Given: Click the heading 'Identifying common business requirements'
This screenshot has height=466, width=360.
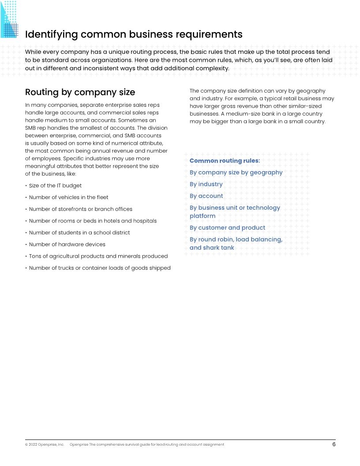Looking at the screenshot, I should point(134,34).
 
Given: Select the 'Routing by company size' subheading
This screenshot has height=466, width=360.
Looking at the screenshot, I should point(80,92).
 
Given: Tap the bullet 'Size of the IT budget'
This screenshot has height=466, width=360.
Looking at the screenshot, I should point(55,185).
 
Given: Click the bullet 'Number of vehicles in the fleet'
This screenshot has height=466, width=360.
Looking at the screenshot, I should point(68,197).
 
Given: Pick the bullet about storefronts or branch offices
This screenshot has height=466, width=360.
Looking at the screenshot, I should point(80,209).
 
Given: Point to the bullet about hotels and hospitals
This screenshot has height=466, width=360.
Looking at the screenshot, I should point(93,221).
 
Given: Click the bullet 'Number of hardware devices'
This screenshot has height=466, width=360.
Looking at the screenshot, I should point(67,244).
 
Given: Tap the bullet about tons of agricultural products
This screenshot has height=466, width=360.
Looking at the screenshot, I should point(98,256).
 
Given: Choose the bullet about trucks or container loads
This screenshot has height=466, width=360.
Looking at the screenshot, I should point(99,268).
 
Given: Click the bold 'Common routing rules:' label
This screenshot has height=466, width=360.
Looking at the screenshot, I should point(225,161).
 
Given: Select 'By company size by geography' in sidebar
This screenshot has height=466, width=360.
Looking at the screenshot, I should point(236,173).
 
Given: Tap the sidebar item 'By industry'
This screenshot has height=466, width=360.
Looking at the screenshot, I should point(206,184).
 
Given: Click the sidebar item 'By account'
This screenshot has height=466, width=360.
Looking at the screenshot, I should point(206,196).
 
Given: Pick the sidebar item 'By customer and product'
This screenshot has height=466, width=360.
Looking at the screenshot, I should point(227,228).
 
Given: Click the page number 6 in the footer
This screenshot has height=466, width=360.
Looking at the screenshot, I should point(334,444).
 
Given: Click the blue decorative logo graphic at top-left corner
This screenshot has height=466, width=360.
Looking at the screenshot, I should point(9,19).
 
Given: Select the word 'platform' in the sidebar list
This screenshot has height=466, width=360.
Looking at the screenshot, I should point(202,216).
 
